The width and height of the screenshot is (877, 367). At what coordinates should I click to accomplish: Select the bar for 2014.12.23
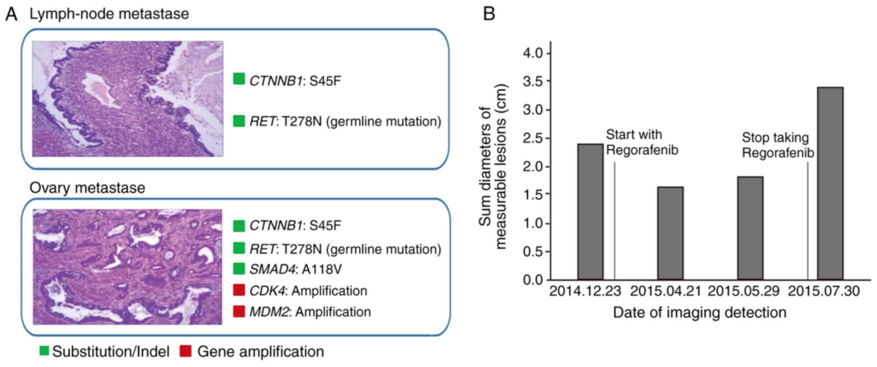pos(590,212)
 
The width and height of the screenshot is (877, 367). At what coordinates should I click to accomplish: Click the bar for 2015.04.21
pos(670,233)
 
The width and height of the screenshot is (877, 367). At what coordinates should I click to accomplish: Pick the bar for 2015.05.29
pos(750,228)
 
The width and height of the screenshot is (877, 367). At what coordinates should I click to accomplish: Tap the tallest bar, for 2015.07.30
pos(830,183)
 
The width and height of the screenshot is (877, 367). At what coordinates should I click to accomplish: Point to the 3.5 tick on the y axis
pos(534,82)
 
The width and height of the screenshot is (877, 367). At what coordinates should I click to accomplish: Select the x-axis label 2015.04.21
pos(665,291)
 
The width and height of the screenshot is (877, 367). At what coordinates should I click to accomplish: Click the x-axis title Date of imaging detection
pos(700,312)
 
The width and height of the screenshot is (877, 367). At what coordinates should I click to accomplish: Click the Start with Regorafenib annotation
pos(642,142)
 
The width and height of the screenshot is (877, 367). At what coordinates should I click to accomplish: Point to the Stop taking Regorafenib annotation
pos(778,145)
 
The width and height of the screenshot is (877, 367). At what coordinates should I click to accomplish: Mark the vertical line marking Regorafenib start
pos(614,220)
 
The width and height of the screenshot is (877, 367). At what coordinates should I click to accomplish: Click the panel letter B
pos(489,14)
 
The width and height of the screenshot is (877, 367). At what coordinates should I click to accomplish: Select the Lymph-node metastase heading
pos(109,14)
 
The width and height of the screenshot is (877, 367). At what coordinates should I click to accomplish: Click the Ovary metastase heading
pos(87,188)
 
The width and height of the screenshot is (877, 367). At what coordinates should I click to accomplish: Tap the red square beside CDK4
pos(239,290)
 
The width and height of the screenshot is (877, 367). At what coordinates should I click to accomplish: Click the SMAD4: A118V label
pos(295,269)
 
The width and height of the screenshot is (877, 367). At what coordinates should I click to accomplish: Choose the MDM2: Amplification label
pos(310,312)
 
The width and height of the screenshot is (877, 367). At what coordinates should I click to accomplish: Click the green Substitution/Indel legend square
pos(44,351)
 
